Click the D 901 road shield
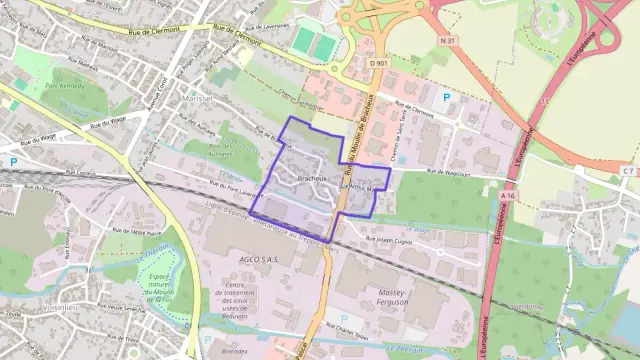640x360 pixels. point(377,64)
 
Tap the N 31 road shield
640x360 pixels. point(448,68)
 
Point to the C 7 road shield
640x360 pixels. point(627,171)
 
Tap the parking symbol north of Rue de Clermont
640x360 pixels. point(447,96)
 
